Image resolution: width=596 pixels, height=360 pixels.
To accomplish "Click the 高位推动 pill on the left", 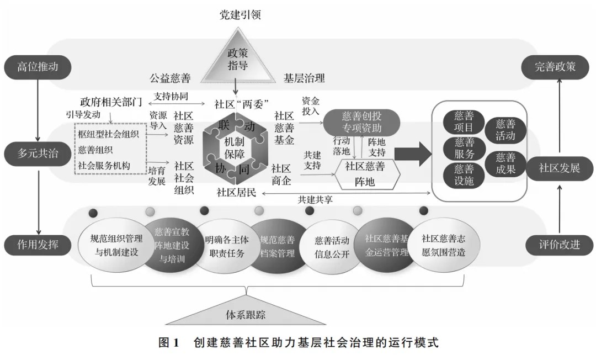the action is pos(38,67).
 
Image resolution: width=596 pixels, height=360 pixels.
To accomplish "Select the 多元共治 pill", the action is pos(38,153).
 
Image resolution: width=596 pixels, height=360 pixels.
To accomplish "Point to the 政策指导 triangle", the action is pos(238,57).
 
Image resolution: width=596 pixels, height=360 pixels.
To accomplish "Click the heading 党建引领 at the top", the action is pos(240,15).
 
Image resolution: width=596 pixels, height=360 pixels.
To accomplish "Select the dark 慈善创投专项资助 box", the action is pos(361,122).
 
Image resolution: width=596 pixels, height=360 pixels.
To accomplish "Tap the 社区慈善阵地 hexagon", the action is pos(365,174).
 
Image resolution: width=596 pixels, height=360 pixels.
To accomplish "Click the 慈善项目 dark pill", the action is pos(464,121).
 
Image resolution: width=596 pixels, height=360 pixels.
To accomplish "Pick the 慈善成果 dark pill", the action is pos(505,163).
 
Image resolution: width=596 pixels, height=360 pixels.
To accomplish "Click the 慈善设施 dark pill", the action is pos(464,176).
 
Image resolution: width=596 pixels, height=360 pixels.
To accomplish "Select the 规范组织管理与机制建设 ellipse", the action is pos(116,246).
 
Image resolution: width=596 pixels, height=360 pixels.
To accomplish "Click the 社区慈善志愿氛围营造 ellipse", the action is pos(443,246).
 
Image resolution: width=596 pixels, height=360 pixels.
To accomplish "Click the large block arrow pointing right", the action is pos(413,154).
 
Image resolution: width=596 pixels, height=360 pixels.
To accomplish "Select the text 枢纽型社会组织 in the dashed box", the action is pos(108,134).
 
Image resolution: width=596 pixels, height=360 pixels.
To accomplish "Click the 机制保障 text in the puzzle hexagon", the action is pos(234,148).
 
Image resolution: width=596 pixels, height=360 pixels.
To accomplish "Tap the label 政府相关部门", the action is pos(111,102).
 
